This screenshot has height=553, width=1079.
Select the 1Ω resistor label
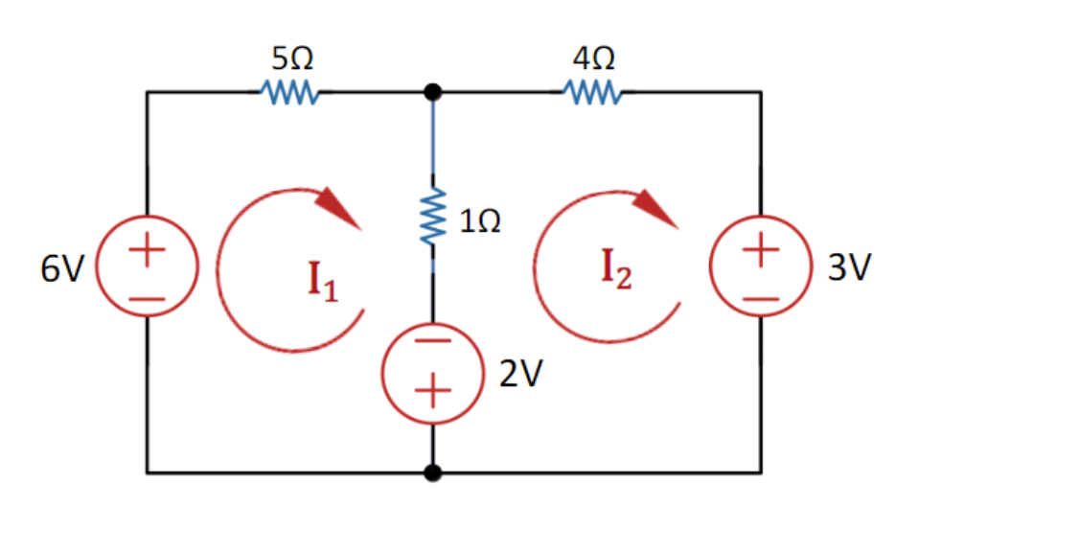479,222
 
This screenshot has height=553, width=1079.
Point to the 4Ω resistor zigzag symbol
594,93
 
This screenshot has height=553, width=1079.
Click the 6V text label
62,270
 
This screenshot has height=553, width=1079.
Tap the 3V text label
850,269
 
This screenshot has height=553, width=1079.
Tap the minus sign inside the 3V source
761,297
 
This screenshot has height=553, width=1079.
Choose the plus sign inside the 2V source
433,391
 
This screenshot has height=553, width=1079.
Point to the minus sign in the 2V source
433,343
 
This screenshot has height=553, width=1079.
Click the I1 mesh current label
324,281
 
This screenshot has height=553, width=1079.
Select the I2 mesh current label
616,269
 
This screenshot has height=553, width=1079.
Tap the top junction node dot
433,92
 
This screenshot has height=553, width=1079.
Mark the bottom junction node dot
433,472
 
